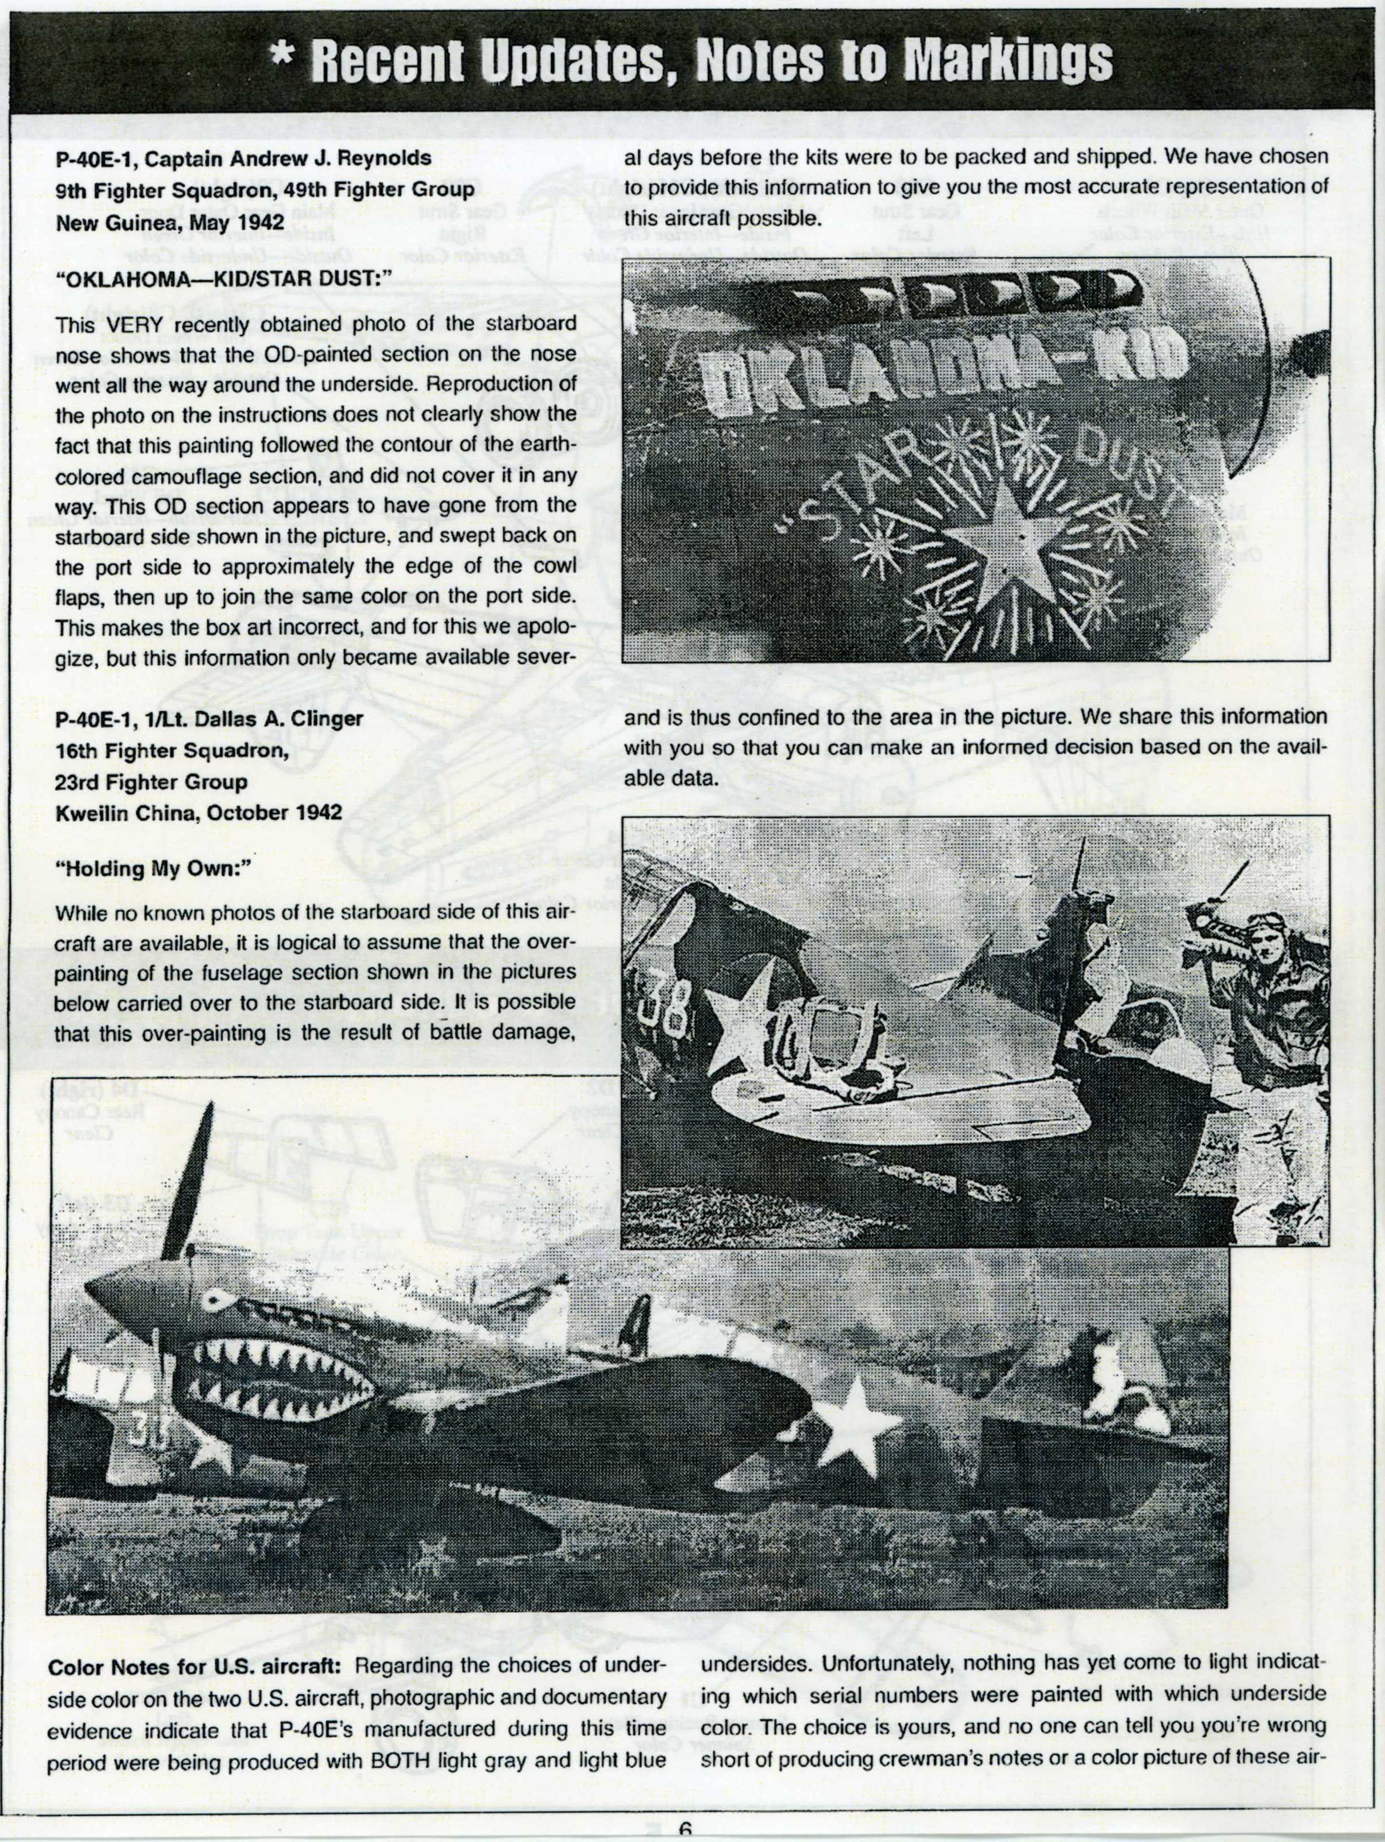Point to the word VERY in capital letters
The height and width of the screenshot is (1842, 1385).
[x=127, y=324]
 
